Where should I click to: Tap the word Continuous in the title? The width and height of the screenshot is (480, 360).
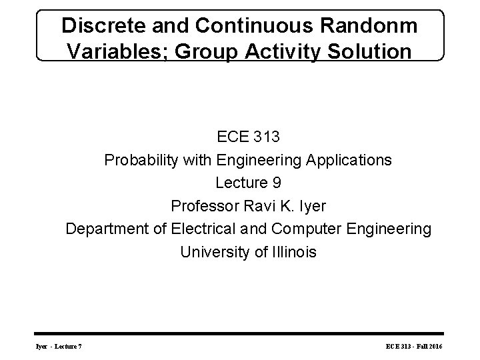[244, 27]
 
